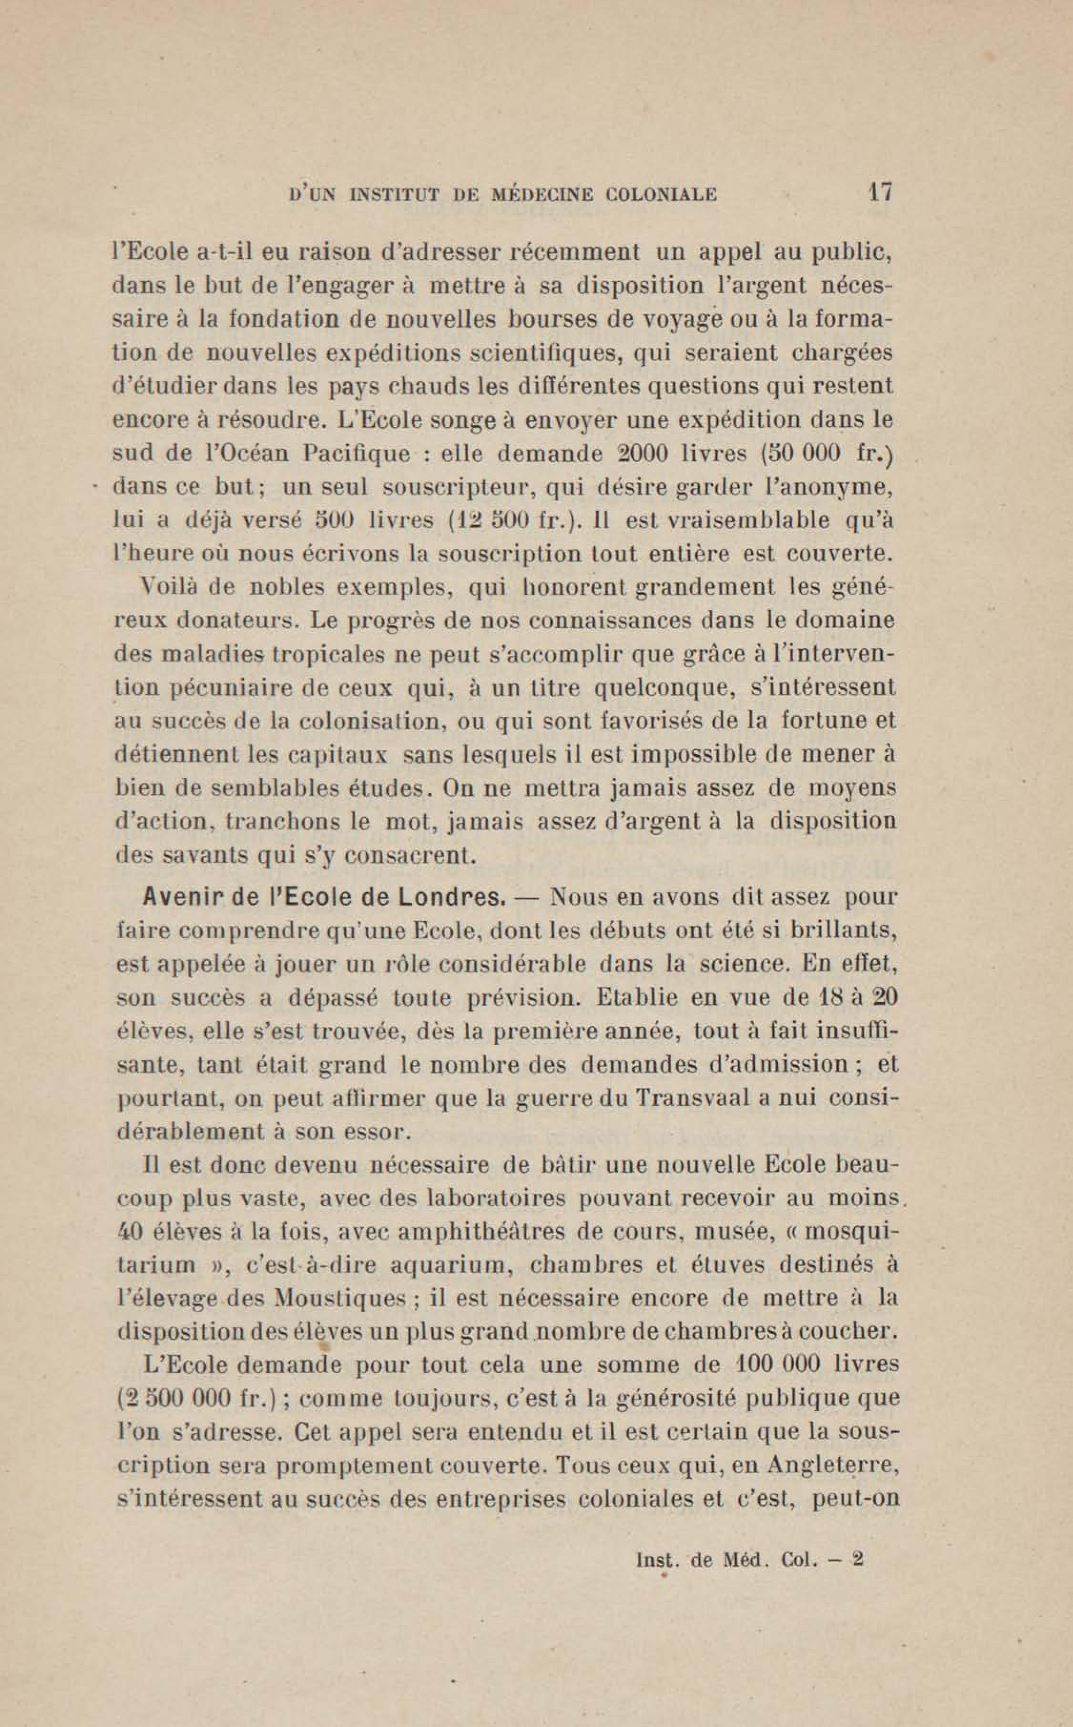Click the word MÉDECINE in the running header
543,195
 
